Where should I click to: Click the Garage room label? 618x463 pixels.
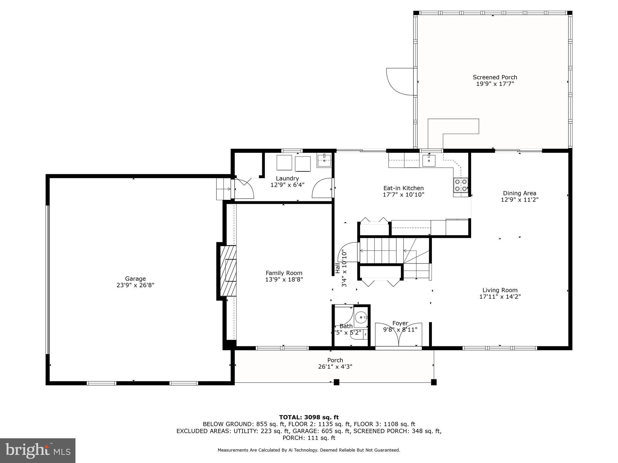[x=135, y=279]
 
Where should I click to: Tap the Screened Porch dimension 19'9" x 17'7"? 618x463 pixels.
[x=495, y=84]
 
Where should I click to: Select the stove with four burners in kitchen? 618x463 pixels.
[x=461, y=185]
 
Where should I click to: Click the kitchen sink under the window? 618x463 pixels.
[x=429, y=160]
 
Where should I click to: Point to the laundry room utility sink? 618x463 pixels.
[x=324, y=160]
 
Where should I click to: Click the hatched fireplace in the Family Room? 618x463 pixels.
[x=228, y=271]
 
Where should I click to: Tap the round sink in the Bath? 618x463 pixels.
[x=360, y=317]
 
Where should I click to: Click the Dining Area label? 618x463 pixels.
[x=519, y=193]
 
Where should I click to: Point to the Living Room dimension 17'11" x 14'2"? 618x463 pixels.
[x=500, y=297]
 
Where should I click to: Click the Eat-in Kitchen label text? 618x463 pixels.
[x=403, y=188]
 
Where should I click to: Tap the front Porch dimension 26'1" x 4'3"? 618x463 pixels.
[x=335, y=367]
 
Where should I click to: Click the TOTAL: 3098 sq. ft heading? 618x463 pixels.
[x=309, y=417]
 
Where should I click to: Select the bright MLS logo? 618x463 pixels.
[x=37, y=450]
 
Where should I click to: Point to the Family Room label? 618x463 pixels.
[x=284, y=273]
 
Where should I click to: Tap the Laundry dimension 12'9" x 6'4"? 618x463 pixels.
[x=287, y=185]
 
